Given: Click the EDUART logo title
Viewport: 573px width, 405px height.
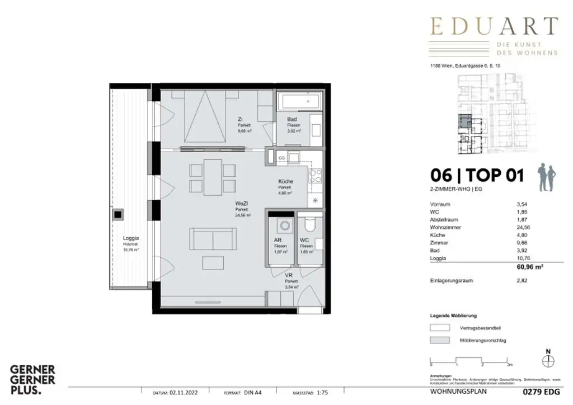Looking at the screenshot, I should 494,26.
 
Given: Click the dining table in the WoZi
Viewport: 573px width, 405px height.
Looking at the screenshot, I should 212,177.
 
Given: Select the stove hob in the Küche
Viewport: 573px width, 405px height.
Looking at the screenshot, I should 316,176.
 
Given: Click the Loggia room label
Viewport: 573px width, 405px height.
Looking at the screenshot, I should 130,237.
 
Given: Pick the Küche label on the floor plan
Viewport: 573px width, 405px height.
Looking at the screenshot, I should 286,182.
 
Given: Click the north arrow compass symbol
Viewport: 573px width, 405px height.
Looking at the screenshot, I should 549,361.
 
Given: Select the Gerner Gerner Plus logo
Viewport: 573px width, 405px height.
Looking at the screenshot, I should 33,380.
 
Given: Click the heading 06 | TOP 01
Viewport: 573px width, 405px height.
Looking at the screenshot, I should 477,176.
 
